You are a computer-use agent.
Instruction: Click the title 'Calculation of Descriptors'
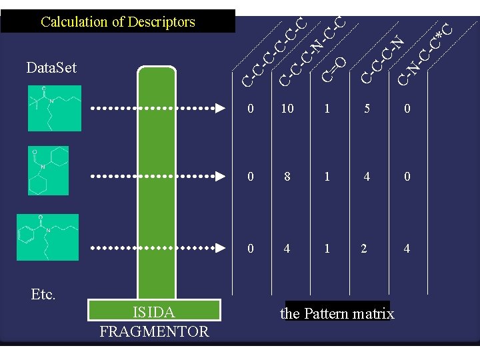(x=118, y=21)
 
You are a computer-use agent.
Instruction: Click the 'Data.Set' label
(x=51, y=67)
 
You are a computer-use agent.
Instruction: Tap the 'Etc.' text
(x=43, y=294)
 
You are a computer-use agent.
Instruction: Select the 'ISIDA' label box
(x=154, y=311)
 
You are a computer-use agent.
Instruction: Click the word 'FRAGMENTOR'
(x=154, y=331)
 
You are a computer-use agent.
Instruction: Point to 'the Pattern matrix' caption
(x=337, y=313)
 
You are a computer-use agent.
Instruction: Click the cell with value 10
(x=287, y=109)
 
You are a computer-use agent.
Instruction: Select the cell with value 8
(x=287, y=177)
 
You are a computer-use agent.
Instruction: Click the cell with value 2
(x=363, y=248)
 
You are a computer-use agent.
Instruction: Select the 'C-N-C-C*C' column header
(x=425, y=53)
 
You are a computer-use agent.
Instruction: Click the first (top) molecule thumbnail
(x=51, y=108)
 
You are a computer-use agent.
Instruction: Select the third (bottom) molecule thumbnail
(x=48, y=237)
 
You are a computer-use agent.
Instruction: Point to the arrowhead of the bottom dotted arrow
(x=219, y=247)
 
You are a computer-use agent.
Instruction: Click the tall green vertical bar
(x=154, y=180)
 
